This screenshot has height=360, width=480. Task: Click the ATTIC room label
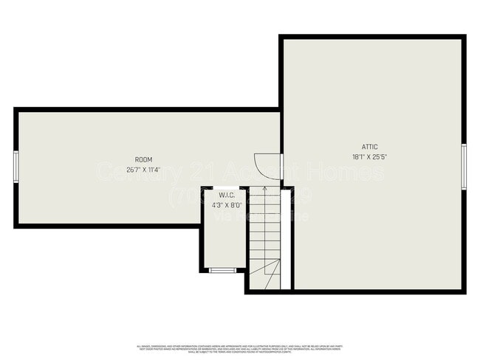point(369,147)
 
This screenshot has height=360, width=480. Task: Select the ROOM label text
point(143,160)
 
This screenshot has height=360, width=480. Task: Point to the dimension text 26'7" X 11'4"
point(143,170)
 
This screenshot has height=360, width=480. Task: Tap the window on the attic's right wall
point(464,166)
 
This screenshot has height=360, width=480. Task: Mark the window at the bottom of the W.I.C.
point(222,270)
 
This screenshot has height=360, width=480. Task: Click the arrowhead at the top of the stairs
point(264,190)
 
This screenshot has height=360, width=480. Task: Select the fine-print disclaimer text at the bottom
point(240,348)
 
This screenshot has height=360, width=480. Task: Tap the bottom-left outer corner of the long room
point(16,226)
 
